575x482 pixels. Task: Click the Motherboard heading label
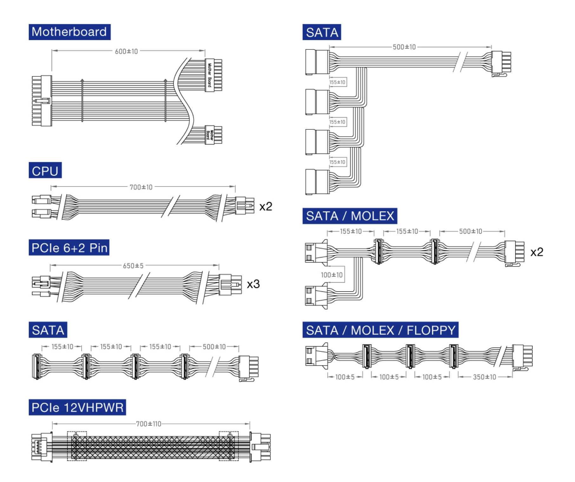[69, 32]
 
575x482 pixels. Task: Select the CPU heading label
[45, 171]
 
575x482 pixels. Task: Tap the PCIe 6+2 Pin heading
[69, 248]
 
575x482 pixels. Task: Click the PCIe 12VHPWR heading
[77, 407]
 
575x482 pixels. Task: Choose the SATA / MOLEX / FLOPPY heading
[380, 330]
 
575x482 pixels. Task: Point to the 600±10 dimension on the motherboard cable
[126, 51]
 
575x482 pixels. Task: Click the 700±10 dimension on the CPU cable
[141, 187]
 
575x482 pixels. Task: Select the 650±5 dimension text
[133, 266]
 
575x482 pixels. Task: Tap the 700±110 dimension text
[149, 424]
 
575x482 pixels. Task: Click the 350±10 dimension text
[484, 377]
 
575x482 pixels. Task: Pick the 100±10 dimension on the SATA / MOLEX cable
[332, 275]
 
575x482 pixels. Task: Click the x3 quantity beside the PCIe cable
[253, 284]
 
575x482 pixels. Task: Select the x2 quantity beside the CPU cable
[266, 207]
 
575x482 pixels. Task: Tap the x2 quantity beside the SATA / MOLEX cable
[537, 252]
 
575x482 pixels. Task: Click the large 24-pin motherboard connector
[42, 101]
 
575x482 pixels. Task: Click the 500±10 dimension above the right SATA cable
[404, 47]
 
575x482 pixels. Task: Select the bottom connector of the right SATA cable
[317, 182]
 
